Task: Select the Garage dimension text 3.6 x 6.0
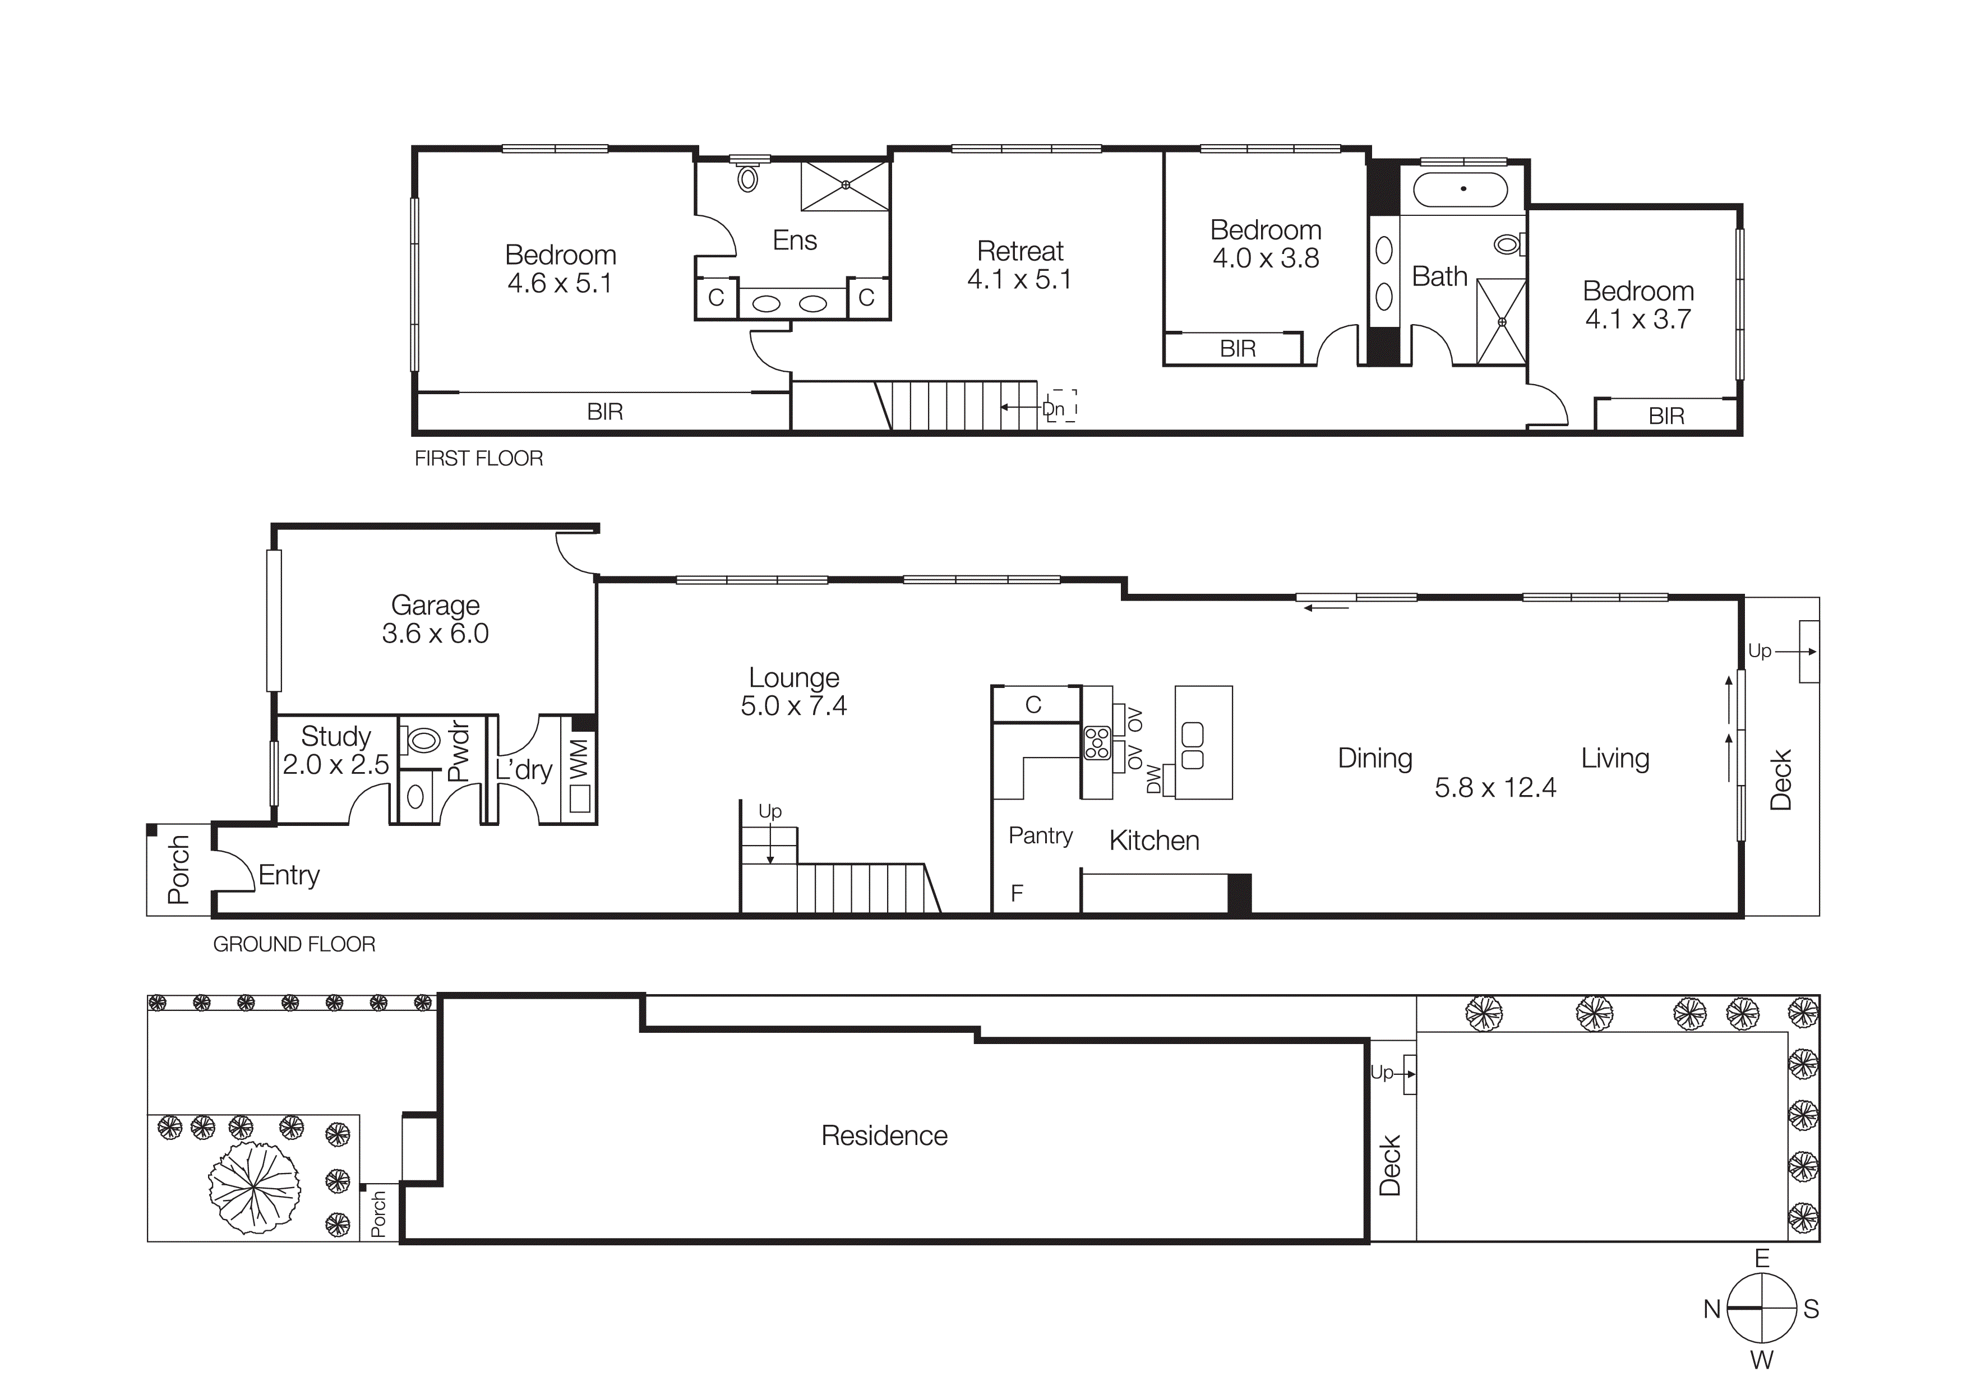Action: (435, 634)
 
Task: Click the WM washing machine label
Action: (580, 758)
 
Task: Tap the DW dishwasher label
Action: (1153, 779)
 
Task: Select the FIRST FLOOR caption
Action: (478, 459)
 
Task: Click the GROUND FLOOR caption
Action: (294, 945)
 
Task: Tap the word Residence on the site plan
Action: (884, 1135)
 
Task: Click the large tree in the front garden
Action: (255, 1186)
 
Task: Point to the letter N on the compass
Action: (1711, 1309)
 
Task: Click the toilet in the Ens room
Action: (748, 179)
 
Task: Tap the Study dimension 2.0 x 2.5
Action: (336, 764)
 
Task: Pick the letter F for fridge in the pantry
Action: (1017, 893)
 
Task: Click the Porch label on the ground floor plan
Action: (178, 869)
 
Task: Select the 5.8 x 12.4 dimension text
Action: (1495, 788)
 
